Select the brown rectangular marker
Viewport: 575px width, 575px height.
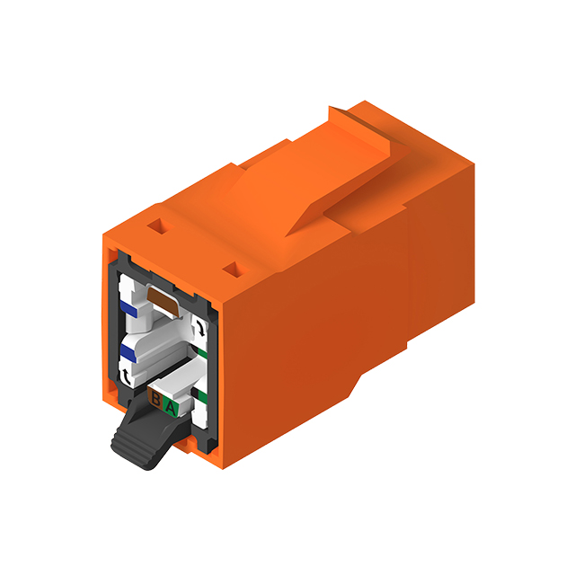tap(163, 298)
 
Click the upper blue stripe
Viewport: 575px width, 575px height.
tap(129, 309)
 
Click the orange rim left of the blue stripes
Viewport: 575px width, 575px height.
tap(109, 332)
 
